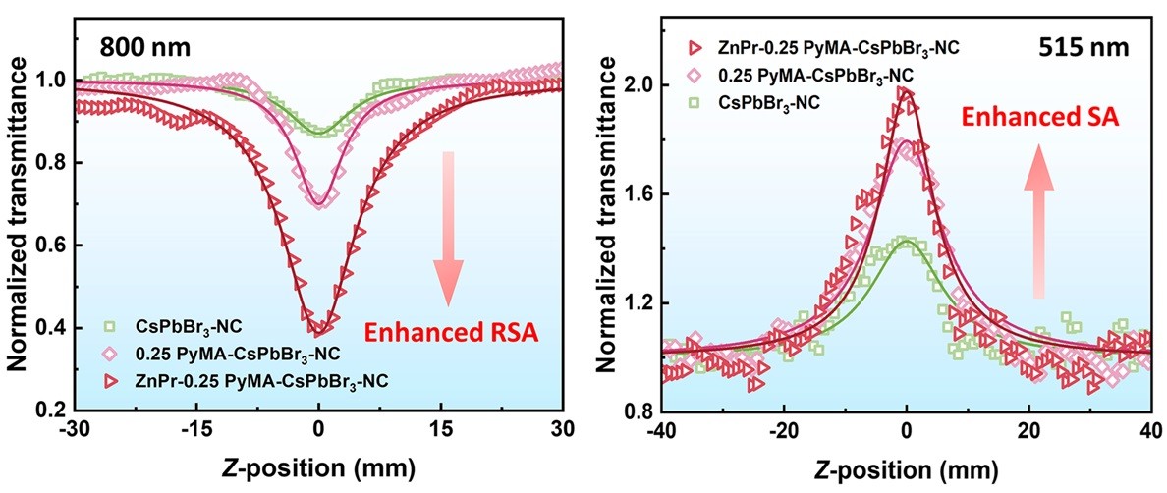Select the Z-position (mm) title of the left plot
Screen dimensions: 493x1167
pyautogui.click(x=318, y=465)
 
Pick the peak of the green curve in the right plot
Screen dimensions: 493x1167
pyautogui.click(x=906, y=239)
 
